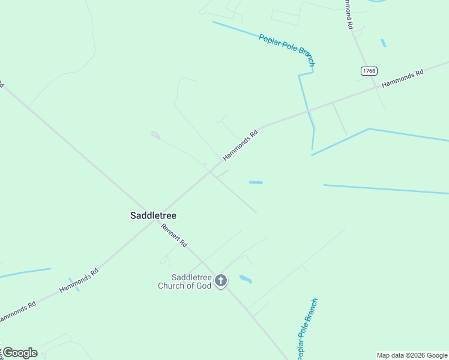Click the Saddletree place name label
pos(153,215)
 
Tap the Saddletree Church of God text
pos(184,281)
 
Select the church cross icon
pos(221,280)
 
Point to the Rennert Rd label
pos(175,235)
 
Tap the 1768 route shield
pos(369,71)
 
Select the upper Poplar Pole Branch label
pos(286,49)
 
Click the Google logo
pos(20,353)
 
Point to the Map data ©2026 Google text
pos(412,355)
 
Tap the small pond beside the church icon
pos(246,279)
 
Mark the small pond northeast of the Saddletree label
pos(256,182)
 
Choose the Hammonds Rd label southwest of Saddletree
pos(79,281)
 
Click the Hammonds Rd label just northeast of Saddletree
pos(240,145)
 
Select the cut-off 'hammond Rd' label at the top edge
pos(348,14)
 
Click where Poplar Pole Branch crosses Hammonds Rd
pos(309,111)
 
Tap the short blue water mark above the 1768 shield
pos(383,43)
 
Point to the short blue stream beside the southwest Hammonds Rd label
pos(74,284)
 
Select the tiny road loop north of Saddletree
pos(155,134)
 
